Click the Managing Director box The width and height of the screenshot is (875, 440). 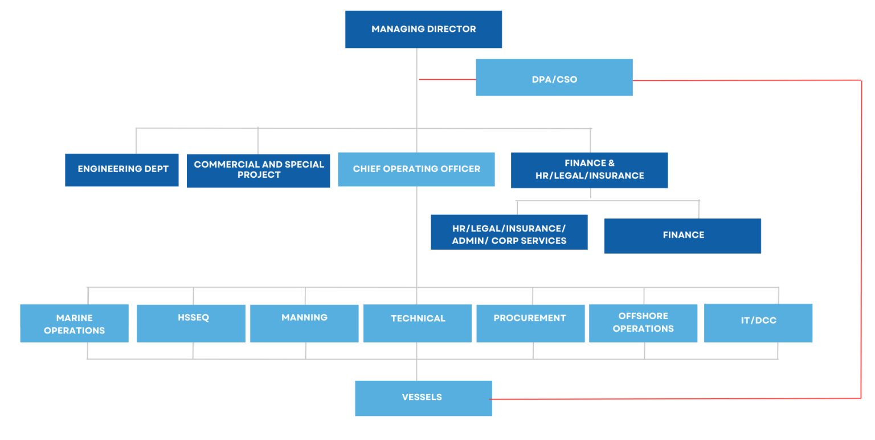(423, 29)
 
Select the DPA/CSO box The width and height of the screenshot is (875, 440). (554, 78)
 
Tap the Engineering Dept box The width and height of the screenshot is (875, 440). (121, 170)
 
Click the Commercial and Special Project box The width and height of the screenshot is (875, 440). (258, 170)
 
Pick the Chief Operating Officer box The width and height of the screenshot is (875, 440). (416, 169)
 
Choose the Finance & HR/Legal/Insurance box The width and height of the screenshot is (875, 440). (589, 170)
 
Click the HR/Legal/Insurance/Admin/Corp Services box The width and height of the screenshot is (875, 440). (509, 233)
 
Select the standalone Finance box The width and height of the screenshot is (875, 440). (682, 235)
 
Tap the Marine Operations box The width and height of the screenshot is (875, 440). (74, 323)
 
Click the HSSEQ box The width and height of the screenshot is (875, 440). (191, 323)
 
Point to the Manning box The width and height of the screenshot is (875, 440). (304, 323)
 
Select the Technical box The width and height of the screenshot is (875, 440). (417, 323)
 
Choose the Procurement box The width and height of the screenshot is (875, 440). (530, 323)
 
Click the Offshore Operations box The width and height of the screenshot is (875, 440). (643, 323)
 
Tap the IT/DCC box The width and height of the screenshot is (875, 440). (758, 323)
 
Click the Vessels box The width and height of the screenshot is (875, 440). (423, 398)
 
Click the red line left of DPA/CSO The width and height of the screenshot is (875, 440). (447, 79)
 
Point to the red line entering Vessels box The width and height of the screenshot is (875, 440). (570, 399)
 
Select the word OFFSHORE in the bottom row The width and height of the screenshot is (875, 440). (643, 316)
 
